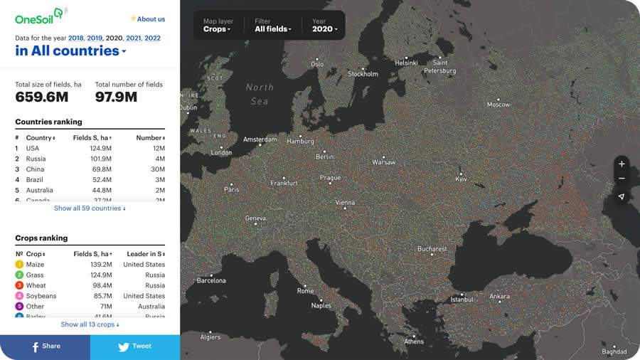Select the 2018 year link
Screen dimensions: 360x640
(x=76, y=38)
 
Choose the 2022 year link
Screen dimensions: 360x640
(x=152, y=38)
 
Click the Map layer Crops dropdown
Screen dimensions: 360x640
(x=217, y=26)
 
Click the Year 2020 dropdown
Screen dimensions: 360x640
(x=324, y=26)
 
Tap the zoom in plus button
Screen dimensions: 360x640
(x=622, y=164)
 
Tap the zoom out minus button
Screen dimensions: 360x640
(x=622, y=179)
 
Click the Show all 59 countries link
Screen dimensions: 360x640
(x=90, y=208)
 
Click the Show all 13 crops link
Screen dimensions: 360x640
(x=90, y=324)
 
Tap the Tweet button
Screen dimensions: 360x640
(x=135, y=347)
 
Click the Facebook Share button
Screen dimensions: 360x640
(x=45, y=347)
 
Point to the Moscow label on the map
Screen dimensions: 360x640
(x=498, y=105)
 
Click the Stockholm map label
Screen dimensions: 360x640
(x=363, y=74)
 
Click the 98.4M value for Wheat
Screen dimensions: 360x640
(x=101, y=285)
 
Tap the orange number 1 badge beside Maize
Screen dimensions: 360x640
(x=19, y=265)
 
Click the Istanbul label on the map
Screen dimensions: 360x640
(x=462, y=300)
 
